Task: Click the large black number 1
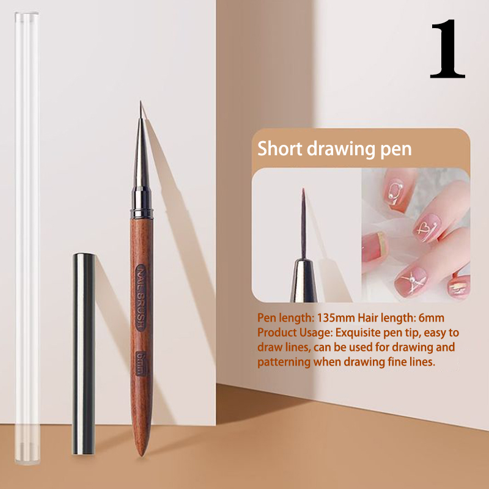448,49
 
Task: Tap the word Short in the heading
280,149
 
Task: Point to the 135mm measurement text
336,318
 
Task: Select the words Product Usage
295,333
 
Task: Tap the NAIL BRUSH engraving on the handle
141,298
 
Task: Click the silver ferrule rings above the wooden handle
142,202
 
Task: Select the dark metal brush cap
84,354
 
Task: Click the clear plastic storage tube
27,238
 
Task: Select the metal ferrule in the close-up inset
303,281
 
